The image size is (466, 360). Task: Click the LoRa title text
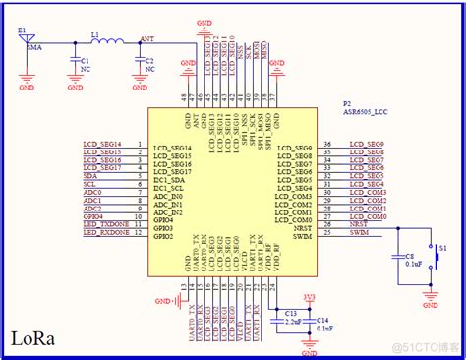click(32, 339)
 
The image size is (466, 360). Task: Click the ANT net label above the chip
click(148, 39)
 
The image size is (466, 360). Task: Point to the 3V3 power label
click(308, 295)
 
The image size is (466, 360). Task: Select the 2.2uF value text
click(293, 321)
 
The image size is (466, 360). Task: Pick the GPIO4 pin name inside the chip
click(161, 218)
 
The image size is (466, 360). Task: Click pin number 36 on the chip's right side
click(326, 145)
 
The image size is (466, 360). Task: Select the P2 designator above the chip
click(346, 103)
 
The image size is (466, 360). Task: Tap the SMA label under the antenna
click(34, 46)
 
